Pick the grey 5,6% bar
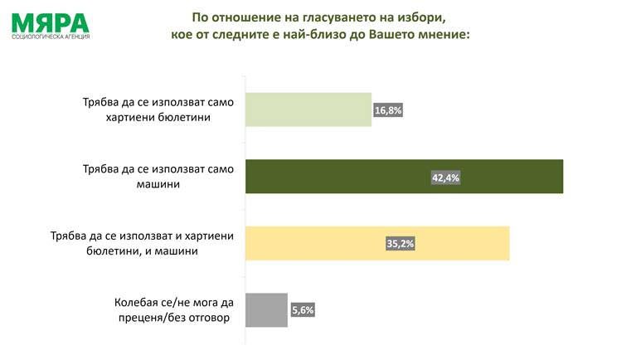tap(267, 309)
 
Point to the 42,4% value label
tap(446, 178)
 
